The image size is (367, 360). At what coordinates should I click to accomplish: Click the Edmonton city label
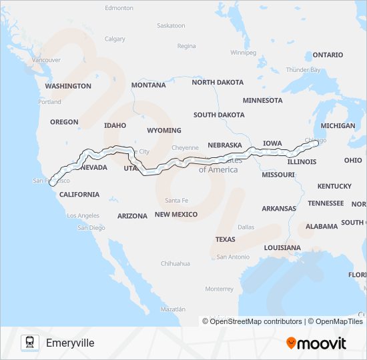(x=119, y=8)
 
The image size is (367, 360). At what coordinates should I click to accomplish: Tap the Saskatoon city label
(x=171, y=25)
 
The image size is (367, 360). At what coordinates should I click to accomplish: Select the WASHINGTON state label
(x=68, y=86)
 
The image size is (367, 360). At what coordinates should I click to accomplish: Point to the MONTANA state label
(x=148, y=85)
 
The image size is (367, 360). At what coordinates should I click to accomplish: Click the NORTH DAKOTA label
(x=218, y=82)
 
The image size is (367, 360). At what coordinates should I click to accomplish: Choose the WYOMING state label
(x=163, y=130)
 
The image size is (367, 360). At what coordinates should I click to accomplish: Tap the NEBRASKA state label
(x=224, y=145)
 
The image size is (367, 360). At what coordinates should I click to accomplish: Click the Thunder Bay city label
(x=303, y=69)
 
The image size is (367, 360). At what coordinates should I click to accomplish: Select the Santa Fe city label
(x=177, y=201)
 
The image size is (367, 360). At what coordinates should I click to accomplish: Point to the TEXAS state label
(x=225, y=239)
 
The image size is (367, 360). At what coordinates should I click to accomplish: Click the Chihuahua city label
(x=175, y=263)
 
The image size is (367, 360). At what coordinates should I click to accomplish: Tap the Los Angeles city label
(x=83, y=216)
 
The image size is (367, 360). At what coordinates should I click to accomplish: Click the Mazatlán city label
(x=172, y=309)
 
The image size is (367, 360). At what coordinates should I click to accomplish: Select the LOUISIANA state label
(x=282, y=247)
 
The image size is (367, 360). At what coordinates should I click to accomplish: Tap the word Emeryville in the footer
(x=70, y=343)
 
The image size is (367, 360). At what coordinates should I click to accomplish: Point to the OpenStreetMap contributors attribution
(x=253, y=321)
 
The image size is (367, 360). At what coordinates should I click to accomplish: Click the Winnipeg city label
(x=243, y=52)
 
